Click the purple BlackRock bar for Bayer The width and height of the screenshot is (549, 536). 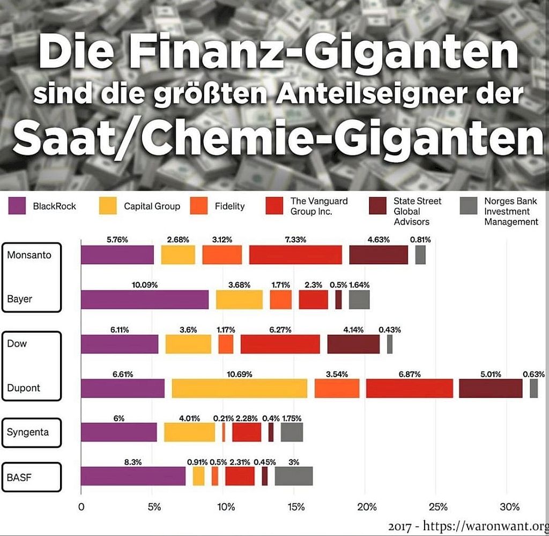tap(145, 300)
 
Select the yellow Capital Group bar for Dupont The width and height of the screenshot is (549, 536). tap(240, 388)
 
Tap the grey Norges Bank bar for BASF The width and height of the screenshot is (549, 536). tap(294, 475)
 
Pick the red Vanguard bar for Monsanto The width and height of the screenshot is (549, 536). tap(295, 255)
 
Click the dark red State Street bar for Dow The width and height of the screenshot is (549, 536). tap(353, 344)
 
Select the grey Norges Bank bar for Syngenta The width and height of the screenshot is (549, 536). tap(292, 431)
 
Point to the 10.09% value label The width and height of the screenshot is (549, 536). tap(145, 285)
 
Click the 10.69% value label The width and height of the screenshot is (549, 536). tap(240, 373)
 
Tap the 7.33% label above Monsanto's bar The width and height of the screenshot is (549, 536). tap(295, 240)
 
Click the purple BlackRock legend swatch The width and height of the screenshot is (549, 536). tap(17, 206)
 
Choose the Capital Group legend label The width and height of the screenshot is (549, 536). tap(152, 206)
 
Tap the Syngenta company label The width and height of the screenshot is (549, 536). tap(28, 431)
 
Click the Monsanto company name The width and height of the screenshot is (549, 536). tap(29, 255)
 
